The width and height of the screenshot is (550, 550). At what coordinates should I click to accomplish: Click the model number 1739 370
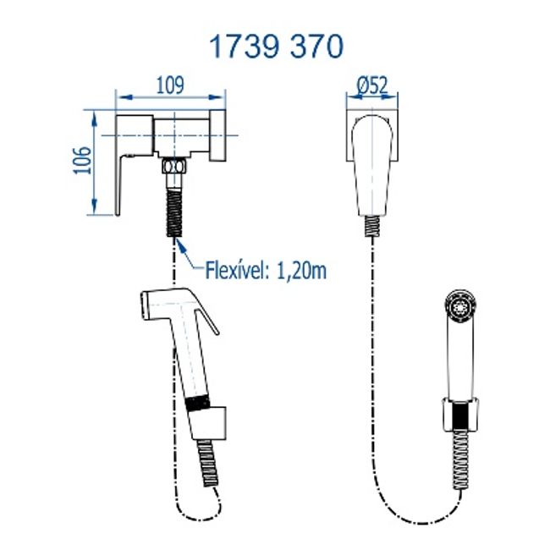coord(276,47)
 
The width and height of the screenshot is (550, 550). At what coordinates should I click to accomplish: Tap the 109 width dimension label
coord(170,85)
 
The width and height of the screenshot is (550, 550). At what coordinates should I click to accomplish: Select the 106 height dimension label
coord(82,160)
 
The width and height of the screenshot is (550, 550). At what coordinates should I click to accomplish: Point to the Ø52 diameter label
coord(371,85)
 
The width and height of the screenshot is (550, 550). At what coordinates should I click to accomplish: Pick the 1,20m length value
coord(302,271)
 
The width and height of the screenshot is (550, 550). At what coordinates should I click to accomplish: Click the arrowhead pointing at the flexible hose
coord(180,245)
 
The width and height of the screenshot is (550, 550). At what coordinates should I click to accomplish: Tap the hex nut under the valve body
coord(173,166)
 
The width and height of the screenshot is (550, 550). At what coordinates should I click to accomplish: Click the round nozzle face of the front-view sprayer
coord(460,305)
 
